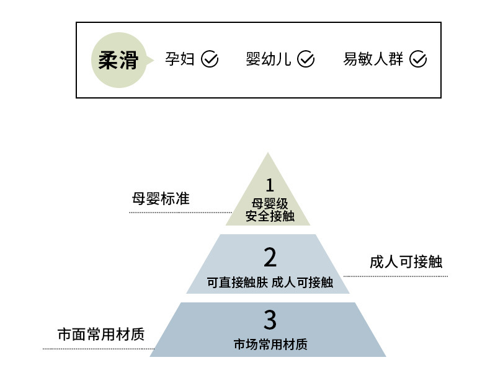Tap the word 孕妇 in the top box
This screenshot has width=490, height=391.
pos(180,59)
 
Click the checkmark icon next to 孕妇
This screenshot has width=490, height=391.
pos(210,59)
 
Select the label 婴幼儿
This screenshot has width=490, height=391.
pos(268,59)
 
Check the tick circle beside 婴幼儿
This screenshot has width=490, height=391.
pos(306,59)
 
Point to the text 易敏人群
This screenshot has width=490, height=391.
pos(373,59)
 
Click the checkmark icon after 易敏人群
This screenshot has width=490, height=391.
pos(419,59)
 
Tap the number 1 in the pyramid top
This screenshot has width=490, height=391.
pos(269,185)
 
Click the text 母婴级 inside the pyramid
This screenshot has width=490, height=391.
pos(269,203)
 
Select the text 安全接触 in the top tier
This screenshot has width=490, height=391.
pos(269,216)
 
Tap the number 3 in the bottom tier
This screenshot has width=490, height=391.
pos(269,320)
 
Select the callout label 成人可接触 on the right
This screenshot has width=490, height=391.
pos(406,261)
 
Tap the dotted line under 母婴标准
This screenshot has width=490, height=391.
pos(180,213)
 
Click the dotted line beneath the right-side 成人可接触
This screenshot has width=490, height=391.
pos(395,276)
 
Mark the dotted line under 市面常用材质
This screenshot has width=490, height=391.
pos(98,349)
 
